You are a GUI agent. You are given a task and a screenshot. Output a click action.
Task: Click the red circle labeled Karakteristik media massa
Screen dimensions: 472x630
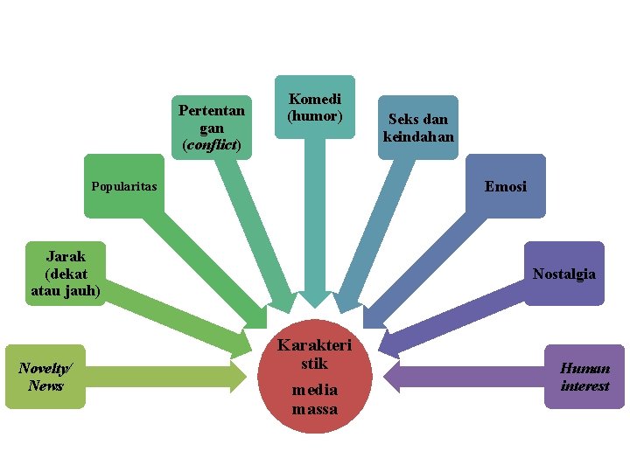pyautogui.click(x=314, y=377)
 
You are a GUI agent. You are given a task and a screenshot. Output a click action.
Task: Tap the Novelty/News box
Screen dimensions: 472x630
pyautogui.click(x=45, y=377)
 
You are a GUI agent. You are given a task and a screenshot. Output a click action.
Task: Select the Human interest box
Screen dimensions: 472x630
pyautogui.click(x=584, y=377)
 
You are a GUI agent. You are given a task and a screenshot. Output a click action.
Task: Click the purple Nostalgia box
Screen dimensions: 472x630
pyautogui.click(x=564, y=274)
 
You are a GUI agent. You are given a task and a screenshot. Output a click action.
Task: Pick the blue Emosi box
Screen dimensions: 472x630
pyautogui.click(x=506, y=186)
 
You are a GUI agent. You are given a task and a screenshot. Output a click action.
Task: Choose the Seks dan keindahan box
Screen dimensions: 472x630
pyautogui.click(x=418, y=128)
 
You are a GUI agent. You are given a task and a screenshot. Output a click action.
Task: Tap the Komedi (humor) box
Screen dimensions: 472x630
pyautogui.click(x=315, y=107)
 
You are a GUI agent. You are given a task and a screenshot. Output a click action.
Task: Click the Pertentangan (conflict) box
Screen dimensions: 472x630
pyautogui.click(x=212, y=128)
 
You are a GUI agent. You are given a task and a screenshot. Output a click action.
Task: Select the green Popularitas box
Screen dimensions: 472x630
pyautogui.click(x=124, y=186)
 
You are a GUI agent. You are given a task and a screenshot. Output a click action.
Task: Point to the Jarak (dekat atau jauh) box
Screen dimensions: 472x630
pyautogui.click(x=66, y=273)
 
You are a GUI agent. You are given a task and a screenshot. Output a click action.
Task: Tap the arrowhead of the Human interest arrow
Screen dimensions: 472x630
pyautogui.click(x=393, y=377)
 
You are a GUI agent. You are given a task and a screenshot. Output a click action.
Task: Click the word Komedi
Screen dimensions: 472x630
pyautogui.click(x=315, y=100)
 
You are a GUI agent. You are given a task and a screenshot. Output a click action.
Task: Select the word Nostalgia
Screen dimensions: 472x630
pyautogui.click(x=564, y=274)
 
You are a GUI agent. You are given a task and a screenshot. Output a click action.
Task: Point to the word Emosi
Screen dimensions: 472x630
pyautogui.click(x=506, y=186)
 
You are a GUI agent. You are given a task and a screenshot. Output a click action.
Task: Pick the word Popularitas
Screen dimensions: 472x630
pyautogui.click(x=124, y=186)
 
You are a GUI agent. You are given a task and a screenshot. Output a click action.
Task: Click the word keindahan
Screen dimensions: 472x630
pyautogui.click(x=418, y=136)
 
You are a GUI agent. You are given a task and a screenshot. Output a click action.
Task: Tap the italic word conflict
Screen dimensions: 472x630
pyautogui.click(x=212, y=144)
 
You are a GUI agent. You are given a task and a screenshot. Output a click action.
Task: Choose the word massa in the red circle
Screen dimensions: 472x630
pyautogui.click(x=314, y=408)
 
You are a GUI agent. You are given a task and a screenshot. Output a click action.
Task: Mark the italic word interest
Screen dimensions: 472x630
pyautogui.click(x=584, y=385)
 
